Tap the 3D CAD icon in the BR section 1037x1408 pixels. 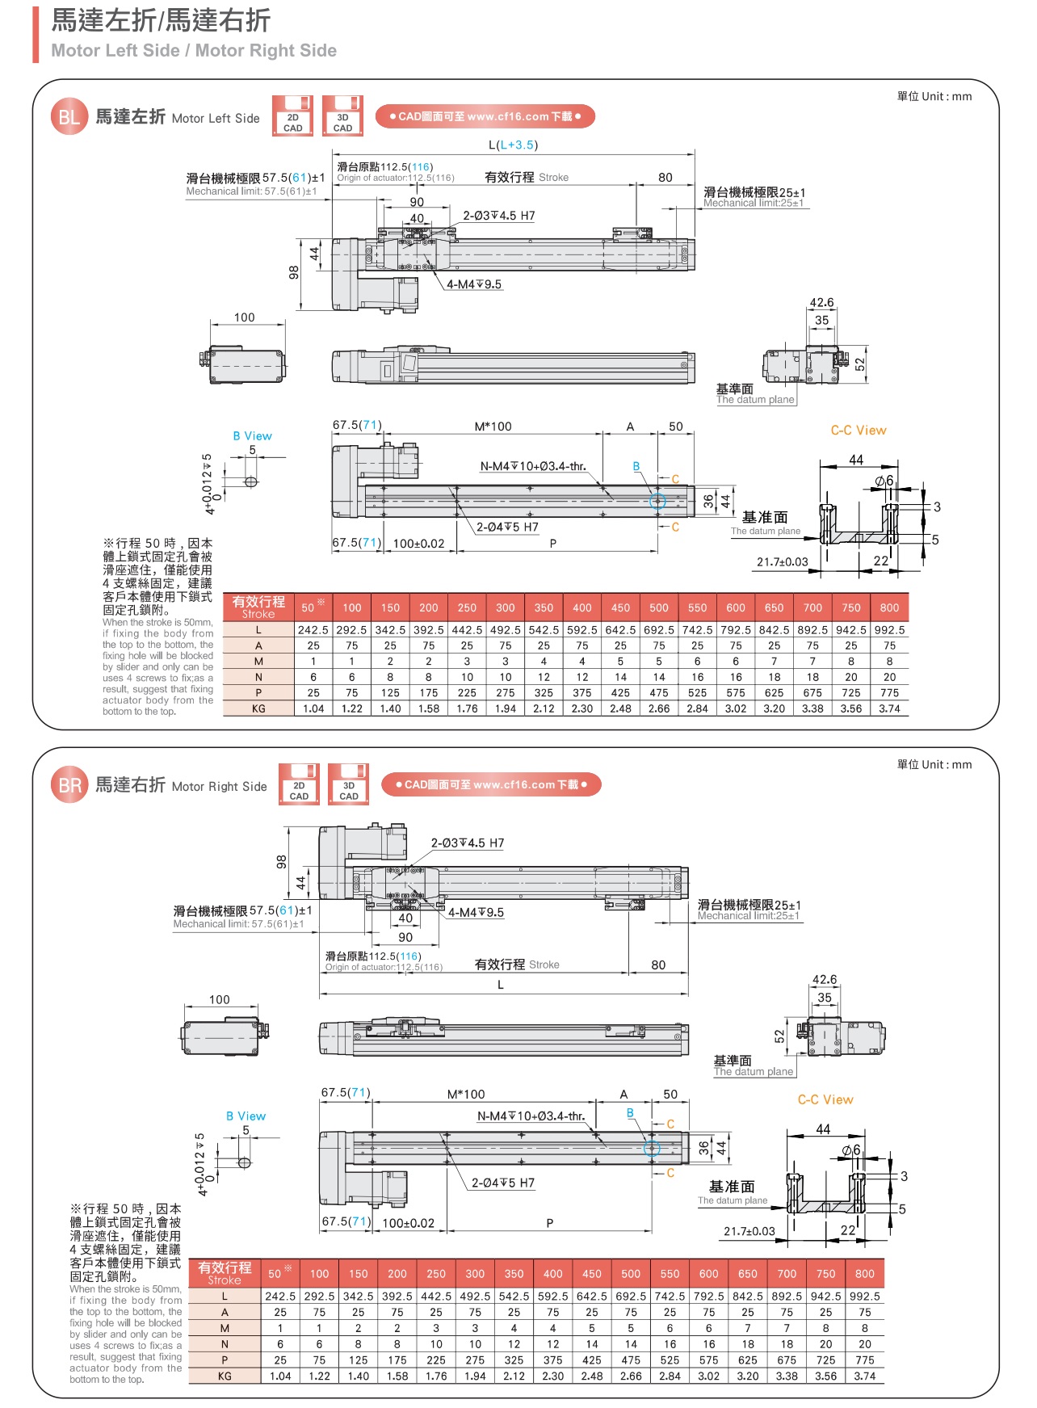[349, 784]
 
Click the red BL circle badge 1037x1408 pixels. [69, 117]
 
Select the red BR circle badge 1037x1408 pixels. [69, 785]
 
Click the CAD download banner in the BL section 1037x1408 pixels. [485, 116]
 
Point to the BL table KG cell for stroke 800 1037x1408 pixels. [889, 708]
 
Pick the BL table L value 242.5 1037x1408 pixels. [313, 630]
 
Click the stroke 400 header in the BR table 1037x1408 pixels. [552, 1274]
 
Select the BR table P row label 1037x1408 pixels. [225, 1360]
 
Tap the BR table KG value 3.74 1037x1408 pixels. [864, 1376]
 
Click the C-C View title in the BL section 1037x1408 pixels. [859, 431]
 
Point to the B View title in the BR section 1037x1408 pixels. [246, 1116]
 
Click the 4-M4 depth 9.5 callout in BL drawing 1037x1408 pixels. [475, 284]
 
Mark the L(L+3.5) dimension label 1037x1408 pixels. [513, 145]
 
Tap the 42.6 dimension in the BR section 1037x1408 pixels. [824, 980]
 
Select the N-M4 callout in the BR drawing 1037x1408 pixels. [531, 1116]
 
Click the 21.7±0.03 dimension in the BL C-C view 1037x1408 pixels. [782, 562]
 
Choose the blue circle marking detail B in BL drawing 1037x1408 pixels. [657, 502]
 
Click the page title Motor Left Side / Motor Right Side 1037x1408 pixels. [194, 50]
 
